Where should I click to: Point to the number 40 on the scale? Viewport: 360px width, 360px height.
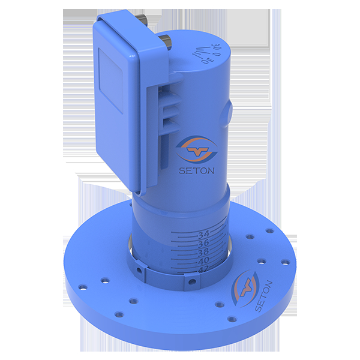tap(203, 261)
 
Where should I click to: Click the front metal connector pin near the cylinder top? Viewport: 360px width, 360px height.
tap(167, 41)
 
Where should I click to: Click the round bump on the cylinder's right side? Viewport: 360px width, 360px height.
tap(229, 113)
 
